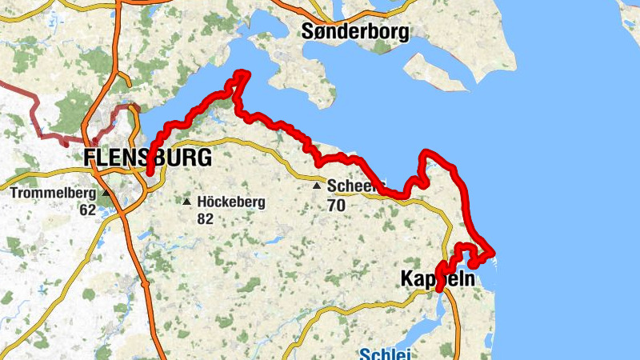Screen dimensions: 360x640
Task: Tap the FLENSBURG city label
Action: pos(148,158)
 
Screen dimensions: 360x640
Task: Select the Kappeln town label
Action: pos(436,280)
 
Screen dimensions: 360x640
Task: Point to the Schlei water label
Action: pos(385,354)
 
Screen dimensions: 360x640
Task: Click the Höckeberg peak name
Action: pos(230,202)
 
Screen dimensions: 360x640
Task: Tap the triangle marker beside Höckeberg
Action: pos(187,201)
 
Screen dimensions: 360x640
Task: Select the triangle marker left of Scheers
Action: pos(317,186)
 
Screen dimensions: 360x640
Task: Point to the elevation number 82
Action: pos(205,218)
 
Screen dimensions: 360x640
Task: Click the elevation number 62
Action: pos(88,210)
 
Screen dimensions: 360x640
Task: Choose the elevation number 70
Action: pos(336,205)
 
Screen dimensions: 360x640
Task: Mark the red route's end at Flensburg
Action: pos(150,170)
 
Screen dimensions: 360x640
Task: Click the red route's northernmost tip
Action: pos(240,74)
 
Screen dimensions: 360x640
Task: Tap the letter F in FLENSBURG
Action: pos(90,158)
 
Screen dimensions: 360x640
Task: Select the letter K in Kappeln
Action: pos(406,280)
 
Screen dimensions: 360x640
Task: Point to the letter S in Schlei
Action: pos(366,354)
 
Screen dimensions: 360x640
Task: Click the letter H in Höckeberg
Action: pos(202,202)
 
